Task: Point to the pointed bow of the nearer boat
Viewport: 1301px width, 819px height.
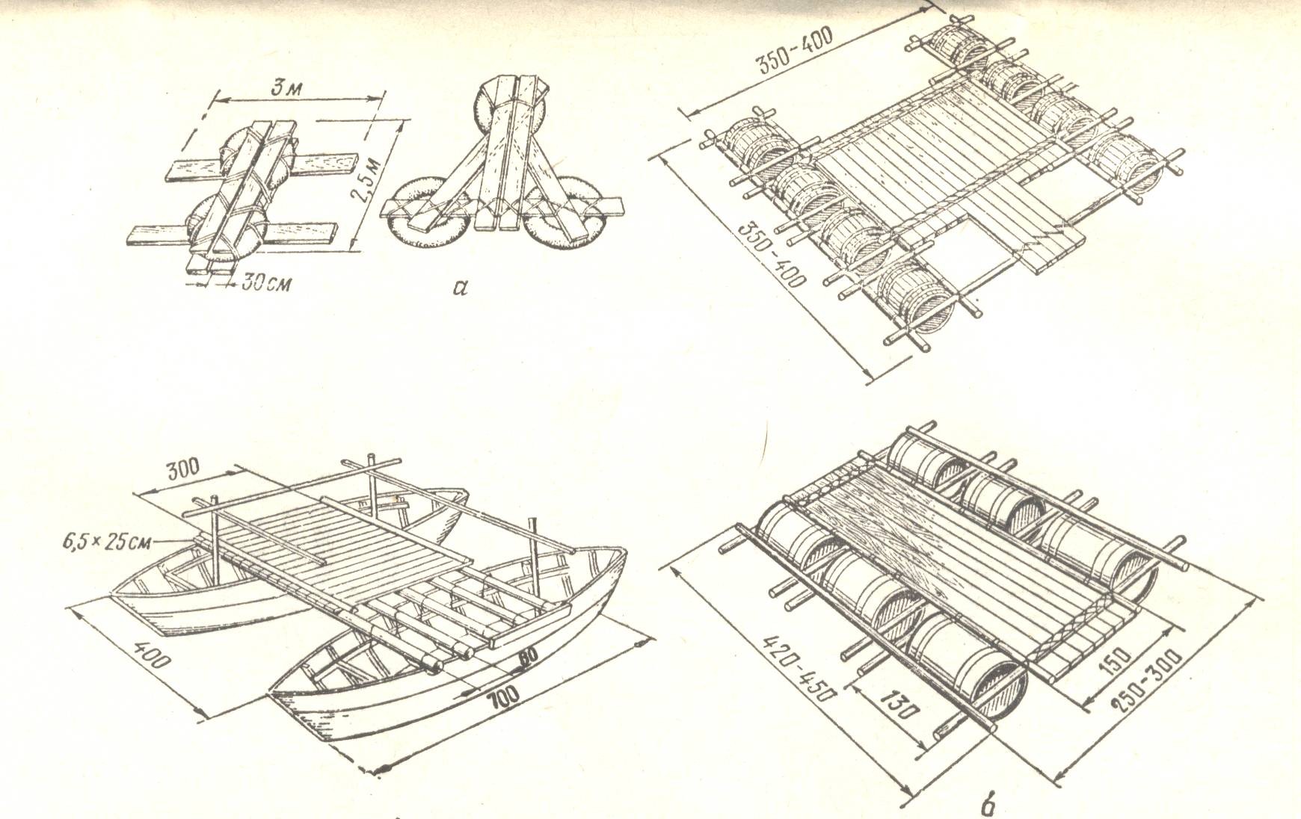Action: [x=275, y=693]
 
